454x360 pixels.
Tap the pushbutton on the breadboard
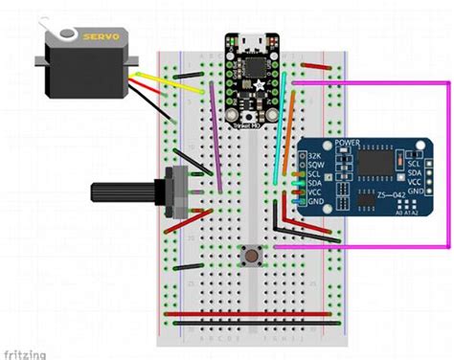coord(251,256)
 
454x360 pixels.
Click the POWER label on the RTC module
coord(346,145)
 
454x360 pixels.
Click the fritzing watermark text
coord(23,353)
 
